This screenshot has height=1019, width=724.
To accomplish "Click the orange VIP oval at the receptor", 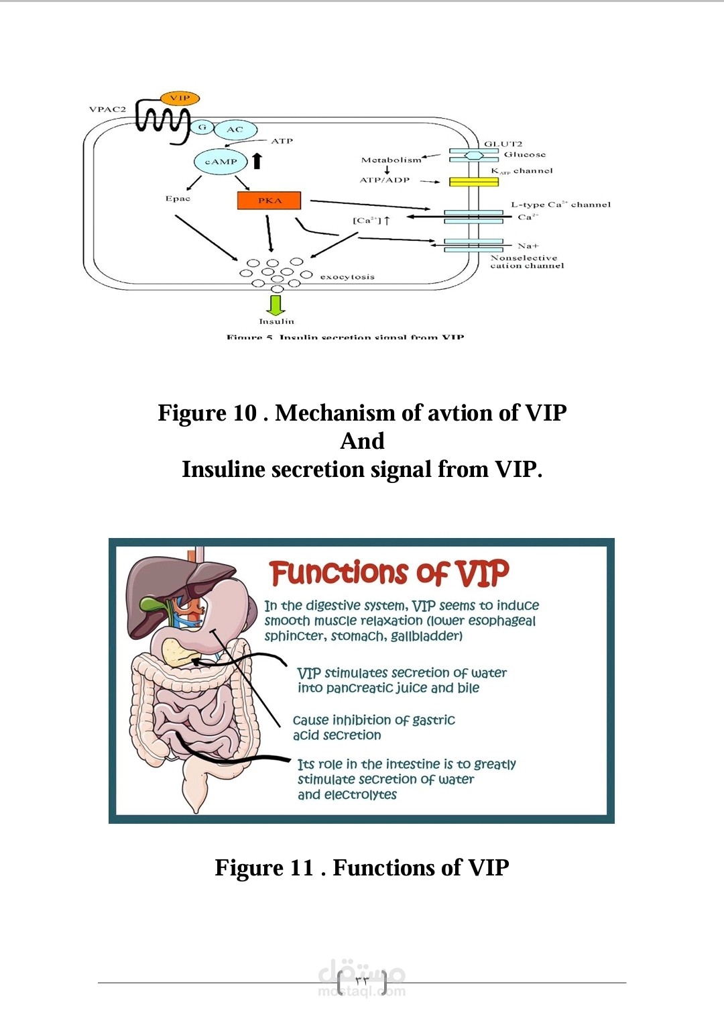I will click(x=180, y=99).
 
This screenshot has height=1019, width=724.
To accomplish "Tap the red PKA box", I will click(x=269, y=201).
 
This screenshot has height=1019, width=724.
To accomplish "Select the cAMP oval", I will click(x=221, y=162).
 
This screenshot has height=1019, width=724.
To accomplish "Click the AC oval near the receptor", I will click(x=235, y=129).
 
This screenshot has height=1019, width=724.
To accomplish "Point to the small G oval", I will click(x=202, y=127).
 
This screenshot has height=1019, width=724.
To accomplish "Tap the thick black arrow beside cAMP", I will click(x=257, y=160).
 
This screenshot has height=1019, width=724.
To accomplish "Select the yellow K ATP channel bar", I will click(x=473, y=182).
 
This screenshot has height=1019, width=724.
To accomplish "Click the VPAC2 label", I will click(x=107, y=109).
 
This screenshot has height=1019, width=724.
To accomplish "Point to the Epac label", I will click(x=178, y=199).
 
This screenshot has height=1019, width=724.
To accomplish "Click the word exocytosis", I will click(x=347, y=277).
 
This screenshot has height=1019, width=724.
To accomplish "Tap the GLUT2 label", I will click(x=503, y=144).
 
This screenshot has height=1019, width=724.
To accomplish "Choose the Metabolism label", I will click(x=391, y=160).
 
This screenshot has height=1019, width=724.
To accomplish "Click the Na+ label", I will click(x=528, y=246).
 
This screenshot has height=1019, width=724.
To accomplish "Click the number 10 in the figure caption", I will click(x=245, y=413).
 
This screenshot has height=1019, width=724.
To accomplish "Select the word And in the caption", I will click(x=362, y=441).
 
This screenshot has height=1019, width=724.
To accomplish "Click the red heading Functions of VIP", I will click(x=389, y=574).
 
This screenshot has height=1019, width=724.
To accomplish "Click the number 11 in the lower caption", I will click(x=301, y=868).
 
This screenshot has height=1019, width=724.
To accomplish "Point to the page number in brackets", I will click(x=362, y=981).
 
